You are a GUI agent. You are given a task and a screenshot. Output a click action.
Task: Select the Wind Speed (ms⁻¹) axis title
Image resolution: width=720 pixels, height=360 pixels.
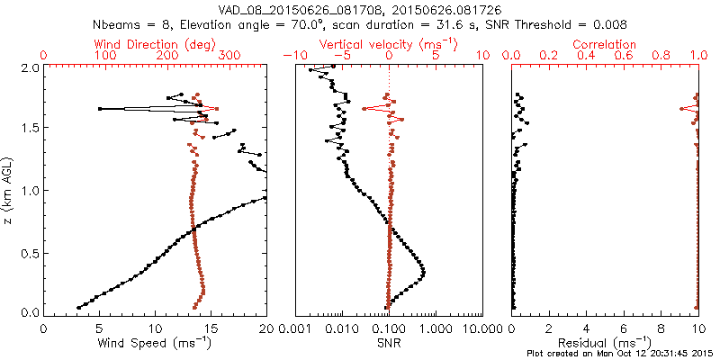point(155,344)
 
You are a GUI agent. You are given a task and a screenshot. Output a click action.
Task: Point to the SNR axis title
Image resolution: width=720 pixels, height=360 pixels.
point(390,343)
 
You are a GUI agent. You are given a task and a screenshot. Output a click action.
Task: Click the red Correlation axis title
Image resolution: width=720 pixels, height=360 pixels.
point(606,44)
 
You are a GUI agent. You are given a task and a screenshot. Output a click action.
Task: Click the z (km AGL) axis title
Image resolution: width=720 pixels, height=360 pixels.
point(8,189)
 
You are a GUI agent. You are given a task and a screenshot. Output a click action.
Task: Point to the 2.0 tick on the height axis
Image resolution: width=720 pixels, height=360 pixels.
point(30,67)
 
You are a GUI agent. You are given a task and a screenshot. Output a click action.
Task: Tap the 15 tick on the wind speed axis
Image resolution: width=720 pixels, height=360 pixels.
point(211,327)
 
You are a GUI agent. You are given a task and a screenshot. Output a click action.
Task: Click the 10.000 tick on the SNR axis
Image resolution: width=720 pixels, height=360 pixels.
point(481,327)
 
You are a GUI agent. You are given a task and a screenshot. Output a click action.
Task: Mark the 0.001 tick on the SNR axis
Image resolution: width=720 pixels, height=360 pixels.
point(295,327)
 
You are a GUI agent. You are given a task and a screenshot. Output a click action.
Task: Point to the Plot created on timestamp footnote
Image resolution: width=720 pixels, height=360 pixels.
point(620,353)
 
